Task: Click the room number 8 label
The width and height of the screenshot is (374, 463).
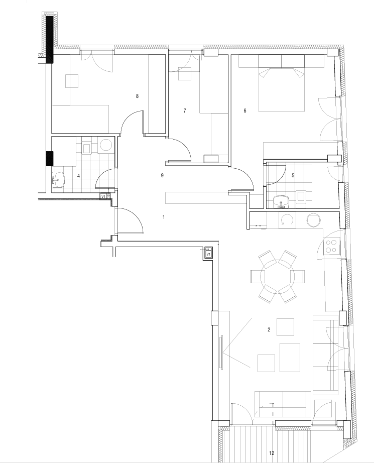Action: (x=137, y=96)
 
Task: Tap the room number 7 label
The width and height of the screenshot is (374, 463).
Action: (x=185, y=111)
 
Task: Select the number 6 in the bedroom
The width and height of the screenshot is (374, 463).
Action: (x=244, y=111)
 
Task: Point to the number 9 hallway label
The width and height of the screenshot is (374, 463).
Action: (x=162, y=175)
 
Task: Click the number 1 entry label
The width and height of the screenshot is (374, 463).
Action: (x=164, y=217)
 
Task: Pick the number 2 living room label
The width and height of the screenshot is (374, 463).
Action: (x=269, y=329)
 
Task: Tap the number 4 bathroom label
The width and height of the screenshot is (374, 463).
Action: (x=78, y=176)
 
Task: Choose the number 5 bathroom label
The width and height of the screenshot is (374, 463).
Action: (x=293, y=175)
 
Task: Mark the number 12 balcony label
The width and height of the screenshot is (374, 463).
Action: (x=272, y=453)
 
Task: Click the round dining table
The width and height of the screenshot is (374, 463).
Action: (x=278, y=276)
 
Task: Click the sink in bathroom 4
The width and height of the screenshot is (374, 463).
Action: (x=58, y=180)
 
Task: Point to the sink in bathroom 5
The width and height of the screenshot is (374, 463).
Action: (x=281, y=202)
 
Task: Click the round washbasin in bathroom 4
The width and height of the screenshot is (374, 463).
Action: (x=106, y=145)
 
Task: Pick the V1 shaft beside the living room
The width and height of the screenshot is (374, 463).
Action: (x=208, y=253)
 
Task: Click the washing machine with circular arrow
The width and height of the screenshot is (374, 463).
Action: (x=287, y=220)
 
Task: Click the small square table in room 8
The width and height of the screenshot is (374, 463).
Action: (x=72, y=81)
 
